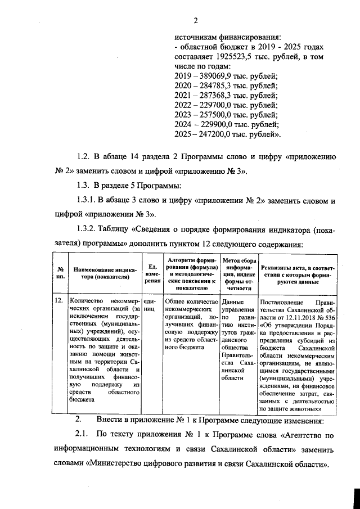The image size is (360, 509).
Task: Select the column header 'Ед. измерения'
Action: (151, 273)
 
